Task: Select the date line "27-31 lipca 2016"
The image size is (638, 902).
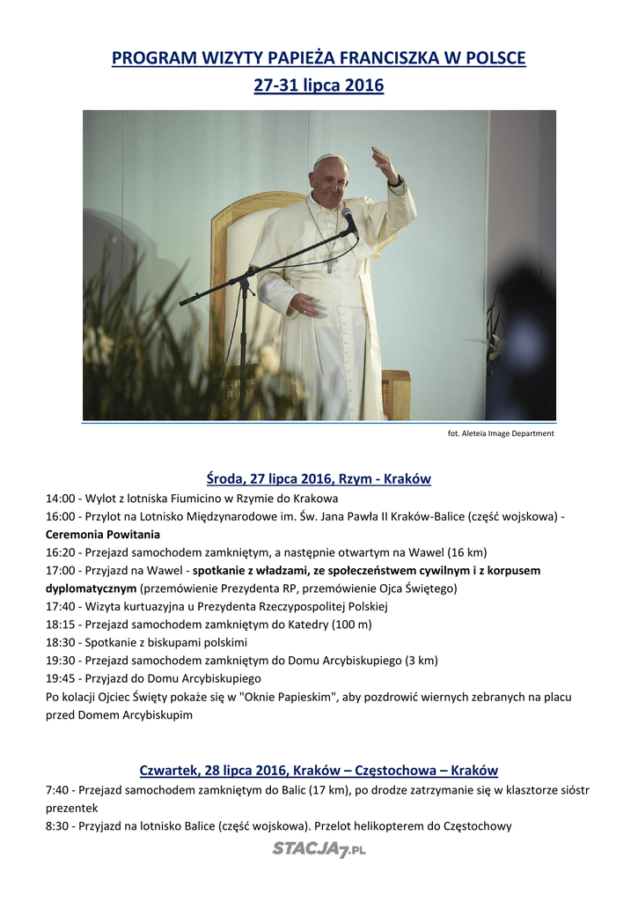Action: pyautogui.click(x=319, y=86)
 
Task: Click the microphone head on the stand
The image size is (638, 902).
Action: pyautogui.click(x=349, y=219)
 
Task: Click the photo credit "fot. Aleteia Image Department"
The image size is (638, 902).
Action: pyautogui.click(x=501, y=433)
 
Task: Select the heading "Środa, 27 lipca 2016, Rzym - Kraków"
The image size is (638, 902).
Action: pyautogui.click(x=319, y=479)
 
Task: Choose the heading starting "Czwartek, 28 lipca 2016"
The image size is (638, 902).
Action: pyautogui.click(x=319, y=771)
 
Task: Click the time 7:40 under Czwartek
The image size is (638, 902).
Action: pyautogui.click(x=57, y=790)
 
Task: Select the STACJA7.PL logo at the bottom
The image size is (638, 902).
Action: pyautogui.click(x=319, y=849)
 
